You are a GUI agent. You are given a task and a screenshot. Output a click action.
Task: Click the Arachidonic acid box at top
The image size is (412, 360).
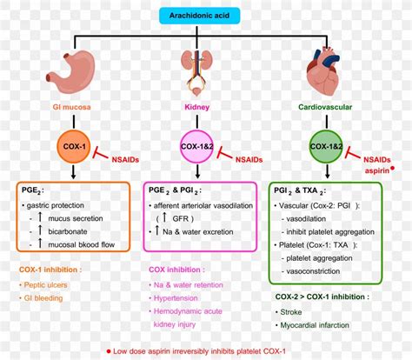click(x=206, y=15)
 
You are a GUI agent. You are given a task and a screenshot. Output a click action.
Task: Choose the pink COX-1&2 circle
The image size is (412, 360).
click(x=199, y=148)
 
